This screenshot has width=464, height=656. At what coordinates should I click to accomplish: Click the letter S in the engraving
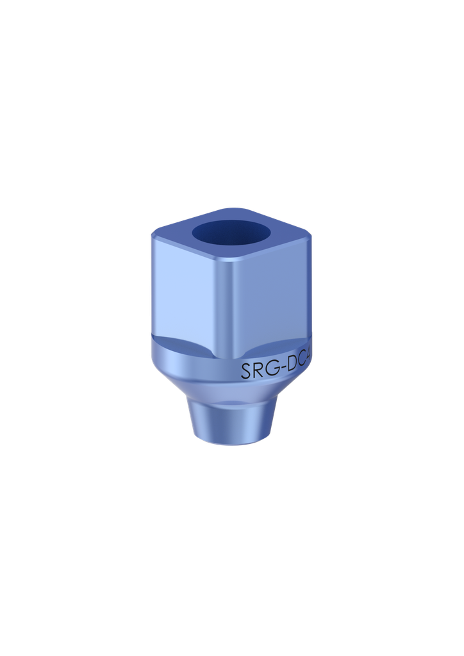(x=245, y=371)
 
